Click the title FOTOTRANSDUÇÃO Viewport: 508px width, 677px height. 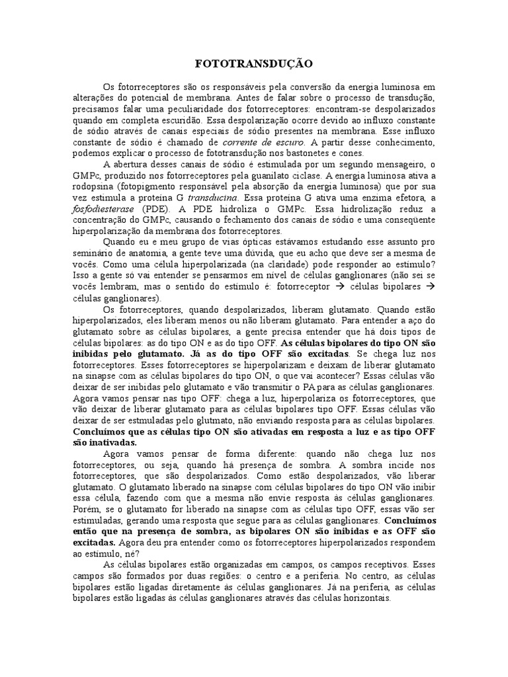pyautogui.click(x=254, y=64)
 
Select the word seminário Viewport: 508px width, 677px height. pyautogui.click(x=93, y=253)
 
